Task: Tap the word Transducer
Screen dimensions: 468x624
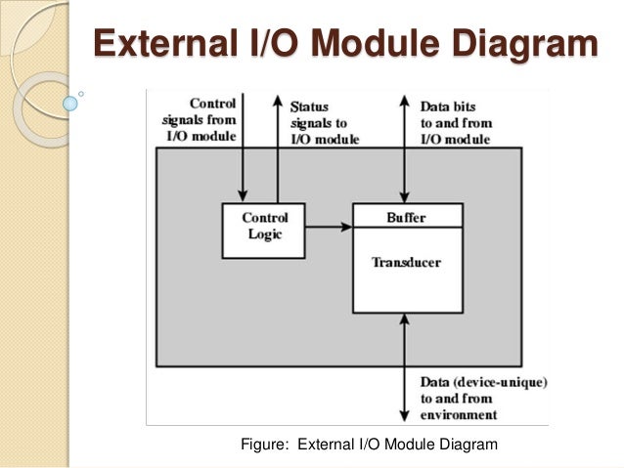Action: (406, 263)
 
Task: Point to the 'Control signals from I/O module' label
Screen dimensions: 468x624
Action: (200, 120)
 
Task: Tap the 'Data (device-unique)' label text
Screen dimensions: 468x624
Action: (482, 381)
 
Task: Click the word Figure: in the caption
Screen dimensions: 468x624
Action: (265, 446)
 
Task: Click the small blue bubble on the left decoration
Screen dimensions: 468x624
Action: (69, 101)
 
